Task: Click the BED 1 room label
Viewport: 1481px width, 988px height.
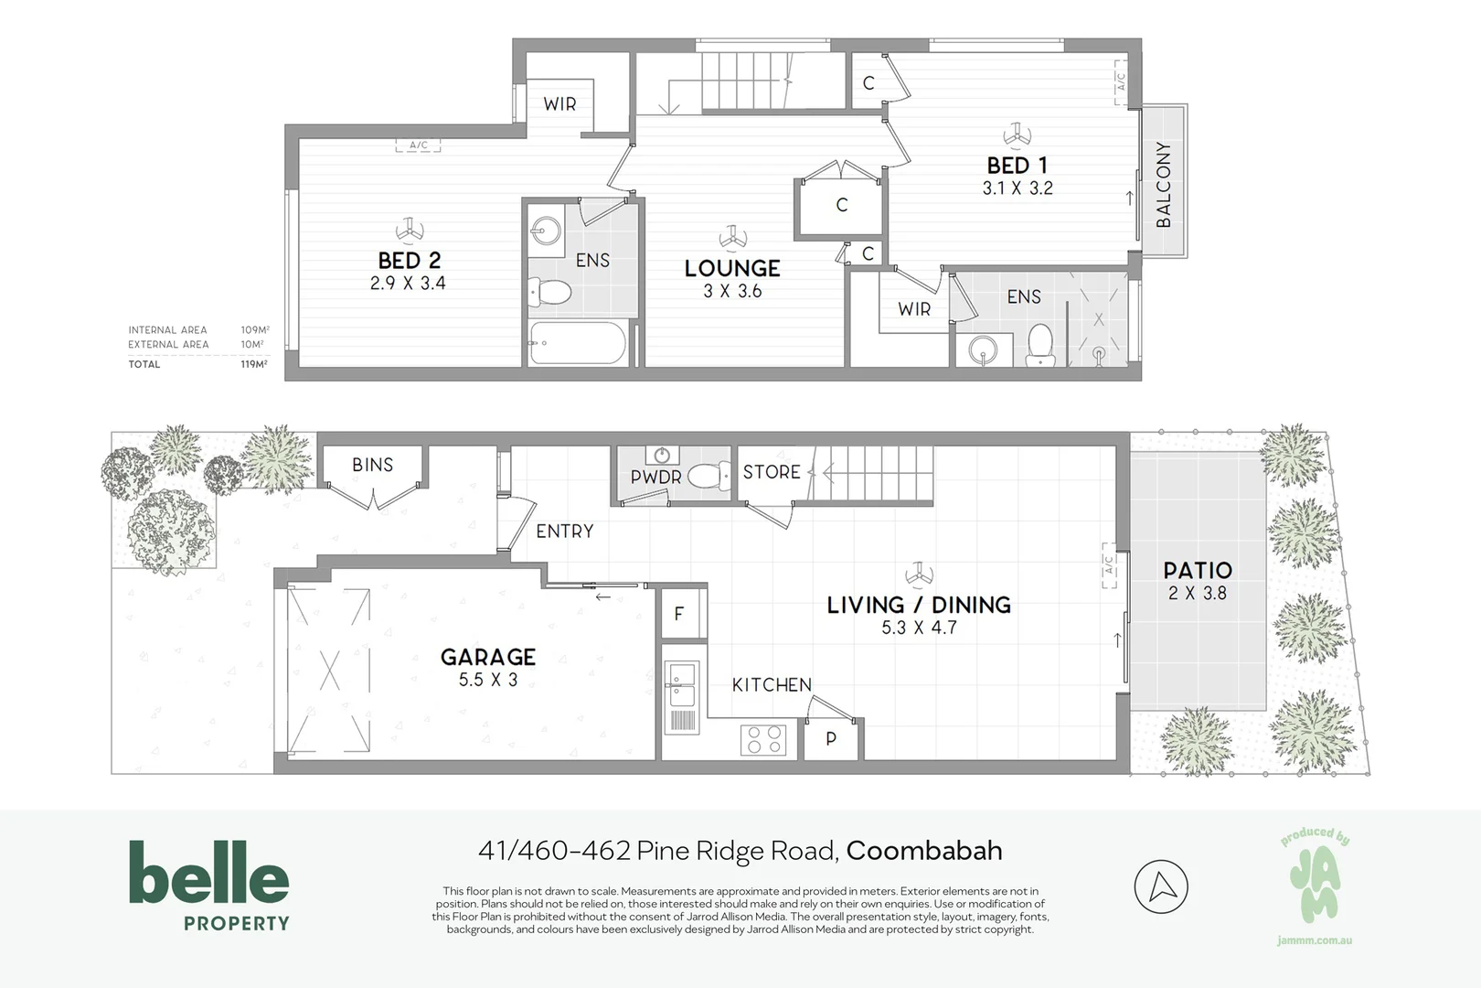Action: [x=1017, y=166]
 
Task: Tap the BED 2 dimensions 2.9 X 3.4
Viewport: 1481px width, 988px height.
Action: [x=408, y=284]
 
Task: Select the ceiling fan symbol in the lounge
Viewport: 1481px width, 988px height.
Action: [x=730, y=238]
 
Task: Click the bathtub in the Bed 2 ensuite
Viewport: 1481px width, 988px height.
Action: [x=577, y=344]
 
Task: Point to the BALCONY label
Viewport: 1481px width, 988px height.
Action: [x=1163, y=184]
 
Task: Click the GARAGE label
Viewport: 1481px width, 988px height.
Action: [x=487, y=657]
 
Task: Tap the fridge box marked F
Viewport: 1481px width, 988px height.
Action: [x=679, y=613]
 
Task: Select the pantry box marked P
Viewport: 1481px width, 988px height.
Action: [x=831, y=738]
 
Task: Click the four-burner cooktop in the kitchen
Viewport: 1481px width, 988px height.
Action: [x=763, y=739]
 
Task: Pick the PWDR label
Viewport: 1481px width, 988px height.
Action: [x=655, y=478]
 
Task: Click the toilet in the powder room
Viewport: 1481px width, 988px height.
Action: [x=708, y=476]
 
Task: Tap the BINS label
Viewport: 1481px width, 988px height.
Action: [x=372, y=465]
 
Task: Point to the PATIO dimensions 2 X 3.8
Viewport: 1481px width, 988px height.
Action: [x=1197, y=593]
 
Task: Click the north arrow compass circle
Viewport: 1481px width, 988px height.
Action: [x=1160, y=886]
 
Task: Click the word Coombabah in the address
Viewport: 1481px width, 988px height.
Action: [x=923, y=851]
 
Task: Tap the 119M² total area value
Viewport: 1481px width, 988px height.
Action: [x=253, y=364]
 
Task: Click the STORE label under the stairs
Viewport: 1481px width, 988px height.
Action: [x=771, y=472]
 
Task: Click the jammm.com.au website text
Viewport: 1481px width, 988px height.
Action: [x=1314, y=940]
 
